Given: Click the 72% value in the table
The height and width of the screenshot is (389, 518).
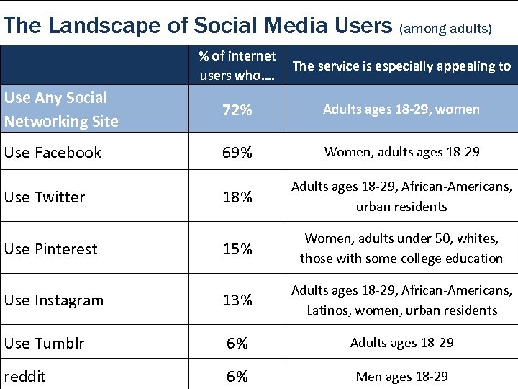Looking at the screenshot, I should (x=237, y=110).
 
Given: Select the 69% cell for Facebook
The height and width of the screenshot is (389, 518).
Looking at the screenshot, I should (x=237, y=153).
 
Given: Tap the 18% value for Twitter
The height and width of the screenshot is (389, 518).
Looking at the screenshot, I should (x=237, y=197).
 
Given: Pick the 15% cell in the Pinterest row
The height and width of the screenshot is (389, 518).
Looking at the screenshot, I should (x=237, y=249).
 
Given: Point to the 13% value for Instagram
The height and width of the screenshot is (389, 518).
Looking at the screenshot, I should (x=237, y=300).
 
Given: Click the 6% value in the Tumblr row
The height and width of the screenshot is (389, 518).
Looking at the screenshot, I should (x=237, y=344).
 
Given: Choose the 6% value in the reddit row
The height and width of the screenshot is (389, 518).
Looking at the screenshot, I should (x=237, y=377).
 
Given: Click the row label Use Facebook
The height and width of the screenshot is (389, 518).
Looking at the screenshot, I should (x=53, y=153).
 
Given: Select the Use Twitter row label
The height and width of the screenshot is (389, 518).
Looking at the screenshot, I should (x=45, y=197).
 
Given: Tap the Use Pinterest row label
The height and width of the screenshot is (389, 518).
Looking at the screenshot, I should (x=50, y=249).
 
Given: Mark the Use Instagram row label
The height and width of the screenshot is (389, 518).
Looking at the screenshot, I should (x=54, y=300).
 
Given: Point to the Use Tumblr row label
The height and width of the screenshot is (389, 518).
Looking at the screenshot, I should (x=44, y=344).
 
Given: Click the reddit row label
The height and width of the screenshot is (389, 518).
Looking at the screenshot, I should (x=24, y=377).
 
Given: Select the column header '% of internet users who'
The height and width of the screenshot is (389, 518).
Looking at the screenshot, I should (x=237, y=66).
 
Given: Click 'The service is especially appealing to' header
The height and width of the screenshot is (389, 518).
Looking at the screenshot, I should (x=401, y=66).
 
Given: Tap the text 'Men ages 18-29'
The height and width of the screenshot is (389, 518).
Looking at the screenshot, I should (x=401, y=377).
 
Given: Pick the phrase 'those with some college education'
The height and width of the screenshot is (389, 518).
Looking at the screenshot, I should (x=401, y=259).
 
